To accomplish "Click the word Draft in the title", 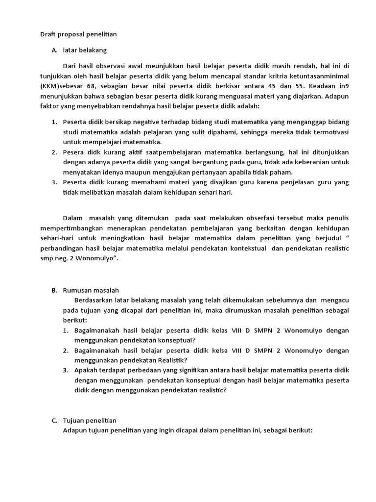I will tap(48, 35).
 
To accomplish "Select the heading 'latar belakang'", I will tap(85, 50).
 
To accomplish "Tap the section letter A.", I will tap(54, 50).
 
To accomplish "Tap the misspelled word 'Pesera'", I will tap(73, 152).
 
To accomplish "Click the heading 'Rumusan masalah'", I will tap(91, 290).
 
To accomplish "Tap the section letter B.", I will tap(54, 290).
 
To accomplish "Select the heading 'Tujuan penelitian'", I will tap(90, 421).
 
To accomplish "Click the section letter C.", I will tap(54, 421).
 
